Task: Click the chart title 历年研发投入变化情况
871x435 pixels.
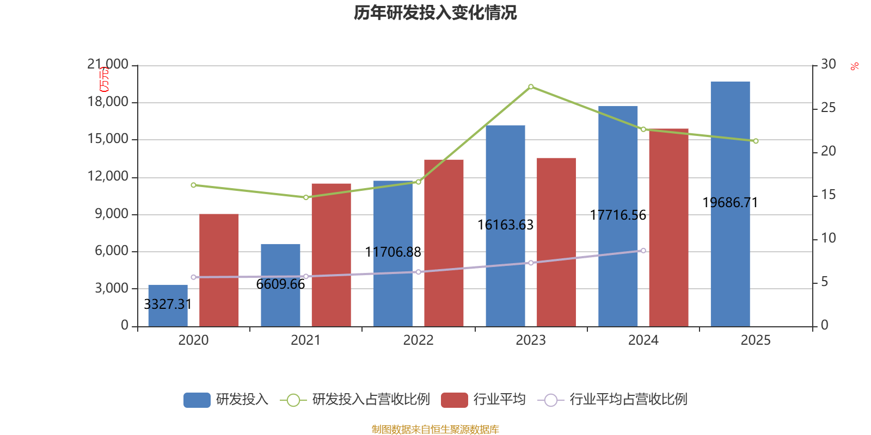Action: tap(435, 13)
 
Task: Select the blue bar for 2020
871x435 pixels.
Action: tap(168, 306)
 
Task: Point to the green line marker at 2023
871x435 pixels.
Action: tap(531, 86)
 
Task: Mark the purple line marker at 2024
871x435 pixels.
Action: tap(643, 251)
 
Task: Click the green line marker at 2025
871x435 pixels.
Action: tap(756, 141)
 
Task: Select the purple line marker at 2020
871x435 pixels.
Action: tap(193, 277)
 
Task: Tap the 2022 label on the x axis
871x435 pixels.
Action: tap(418, 340)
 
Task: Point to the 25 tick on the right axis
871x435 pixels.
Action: tap(828, 108)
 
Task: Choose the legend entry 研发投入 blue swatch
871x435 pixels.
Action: tap(197, 400)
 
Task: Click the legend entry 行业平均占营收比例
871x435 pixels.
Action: tap(628, 400)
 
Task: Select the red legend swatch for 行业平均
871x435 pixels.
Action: tap(454, 400)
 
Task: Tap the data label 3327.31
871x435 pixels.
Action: tap(168, 304)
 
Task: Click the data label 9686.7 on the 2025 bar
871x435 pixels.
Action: tap(730, 203)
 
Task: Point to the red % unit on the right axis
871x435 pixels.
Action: tap(855, 66)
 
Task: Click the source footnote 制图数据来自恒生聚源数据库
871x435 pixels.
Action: tap(435, 430)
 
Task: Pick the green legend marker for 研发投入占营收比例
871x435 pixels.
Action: tap(293, 400)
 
